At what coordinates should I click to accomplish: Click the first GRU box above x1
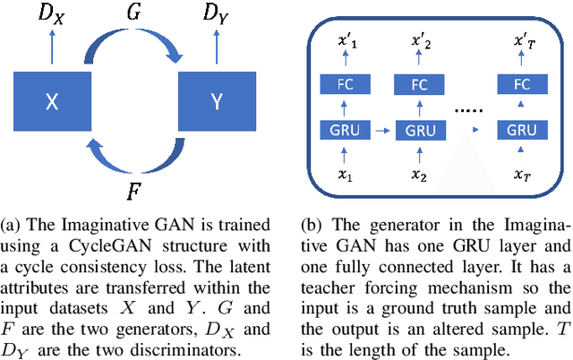[346, 130]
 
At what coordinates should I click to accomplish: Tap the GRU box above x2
[420, 130]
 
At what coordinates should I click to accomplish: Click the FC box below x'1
[346, 86]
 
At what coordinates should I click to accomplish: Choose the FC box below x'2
[420, 86]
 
